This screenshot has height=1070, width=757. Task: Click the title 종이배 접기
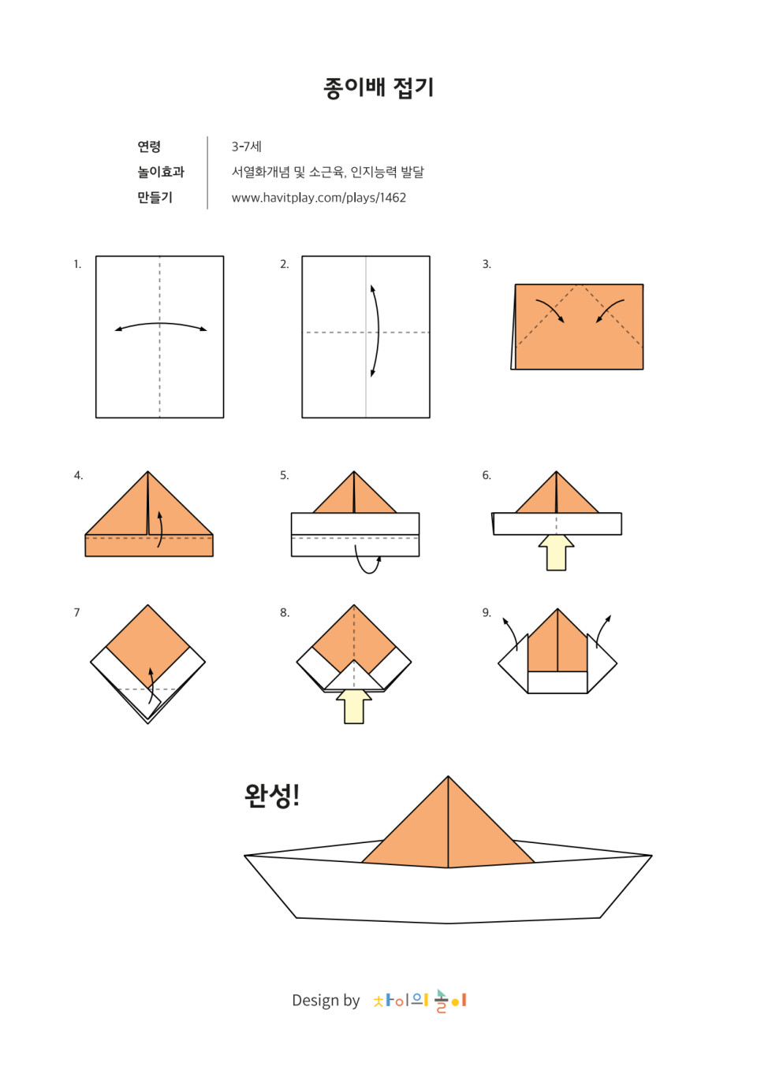tap(378, 88)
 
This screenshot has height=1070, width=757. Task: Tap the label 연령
tap(149, 147)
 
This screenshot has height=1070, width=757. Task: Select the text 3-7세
tap(247, 147)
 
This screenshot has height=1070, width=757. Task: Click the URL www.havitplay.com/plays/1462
tap(319, 197)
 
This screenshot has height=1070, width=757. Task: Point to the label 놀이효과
tap(161, 172)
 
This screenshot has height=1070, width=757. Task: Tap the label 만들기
tap(155, 197)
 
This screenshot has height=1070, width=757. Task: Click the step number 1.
tap(77, 264)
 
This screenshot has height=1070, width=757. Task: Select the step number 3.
tap(487, 264)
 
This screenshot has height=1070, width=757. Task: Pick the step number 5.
tap(285, 475)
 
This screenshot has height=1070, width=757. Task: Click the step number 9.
tap(487, 612)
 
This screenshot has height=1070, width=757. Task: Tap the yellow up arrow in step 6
tap(556, 552)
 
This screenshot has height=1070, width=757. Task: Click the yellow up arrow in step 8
tap(353, 706)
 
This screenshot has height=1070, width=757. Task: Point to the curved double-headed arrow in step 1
tap(160, 324)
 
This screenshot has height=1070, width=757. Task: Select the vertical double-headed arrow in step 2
tap(378, 331)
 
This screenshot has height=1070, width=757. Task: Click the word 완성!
tap(272, 795)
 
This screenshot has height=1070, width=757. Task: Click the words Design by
tap(326, 1000)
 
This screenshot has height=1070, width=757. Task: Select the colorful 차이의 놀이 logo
tap(420, 1000)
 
